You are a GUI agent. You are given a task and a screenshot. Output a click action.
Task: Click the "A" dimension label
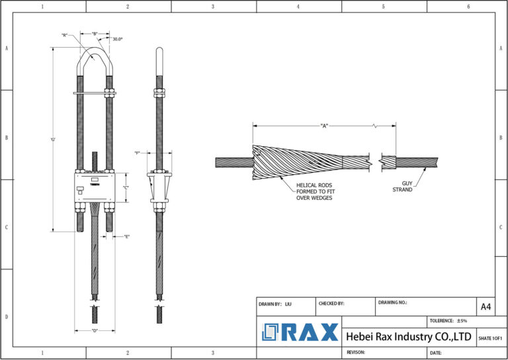(324, 125)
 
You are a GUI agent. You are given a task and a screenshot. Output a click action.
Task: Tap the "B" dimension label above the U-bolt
(95, 32)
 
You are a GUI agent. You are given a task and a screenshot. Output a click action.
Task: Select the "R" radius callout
(65, 35)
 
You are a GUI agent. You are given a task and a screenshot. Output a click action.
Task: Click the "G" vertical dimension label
(53, 140)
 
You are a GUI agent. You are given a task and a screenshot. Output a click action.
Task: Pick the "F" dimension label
(137, 153)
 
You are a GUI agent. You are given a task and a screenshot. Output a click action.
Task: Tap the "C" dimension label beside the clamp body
(126, 187)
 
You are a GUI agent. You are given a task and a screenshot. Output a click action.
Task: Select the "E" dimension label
(126, 236)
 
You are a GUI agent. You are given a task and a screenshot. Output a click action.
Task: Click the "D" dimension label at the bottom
(95, 330)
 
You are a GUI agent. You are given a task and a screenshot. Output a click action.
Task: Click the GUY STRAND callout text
(403, 187)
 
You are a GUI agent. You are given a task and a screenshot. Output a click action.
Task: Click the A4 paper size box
(486, 306)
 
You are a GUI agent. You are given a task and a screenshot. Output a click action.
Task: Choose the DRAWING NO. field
(393, 302)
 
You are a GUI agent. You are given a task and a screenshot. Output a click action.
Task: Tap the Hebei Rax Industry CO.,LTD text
(409, 337)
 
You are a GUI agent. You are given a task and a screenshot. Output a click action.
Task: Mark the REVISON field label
(357, 353)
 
